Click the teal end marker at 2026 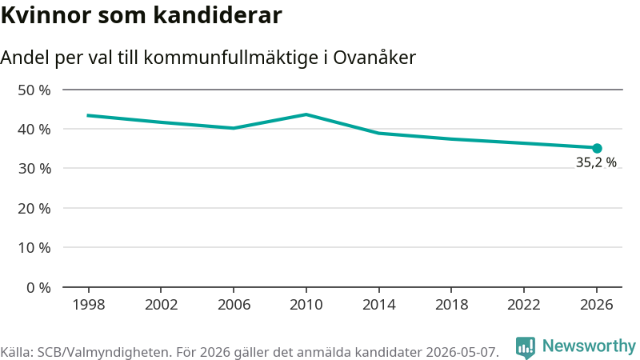[597, 148]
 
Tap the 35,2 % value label [596, 162]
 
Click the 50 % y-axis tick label [34, 90]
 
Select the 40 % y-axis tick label [34, 130]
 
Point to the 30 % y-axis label [34, 169]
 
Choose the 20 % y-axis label [34, 209]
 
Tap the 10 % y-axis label [34, 248]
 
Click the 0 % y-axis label [38, 288]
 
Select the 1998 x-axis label [89, 305]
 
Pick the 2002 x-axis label [162, 305]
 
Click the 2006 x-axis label [234, 305]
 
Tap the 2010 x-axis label [306, 305]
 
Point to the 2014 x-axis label [378, 305]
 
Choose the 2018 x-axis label [451, 305]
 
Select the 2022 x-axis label [524, 305]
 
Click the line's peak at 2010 [306, 114]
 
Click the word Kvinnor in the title [46, 15]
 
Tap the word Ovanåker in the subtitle [374, 57]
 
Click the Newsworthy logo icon [526, 348]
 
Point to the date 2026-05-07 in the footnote [462, 352]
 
